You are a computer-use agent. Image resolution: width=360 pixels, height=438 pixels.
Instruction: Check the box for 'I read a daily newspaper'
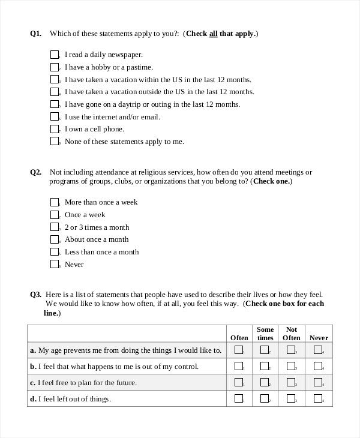coord(55,54)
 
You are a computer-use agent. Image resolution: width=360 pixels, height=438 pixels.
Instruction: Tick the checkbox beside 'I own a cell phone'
coord(55,128)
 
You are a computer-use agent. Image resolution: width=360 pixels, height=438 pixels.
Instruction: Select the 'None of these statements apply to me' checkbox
coord(55,141)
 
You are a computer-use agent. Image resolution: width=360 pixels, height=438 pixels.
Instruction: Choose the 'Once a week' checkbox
coord(55,214)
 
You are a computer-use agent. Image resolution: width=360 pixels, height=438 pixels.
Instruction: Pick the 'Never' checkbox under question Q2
coord(55,264)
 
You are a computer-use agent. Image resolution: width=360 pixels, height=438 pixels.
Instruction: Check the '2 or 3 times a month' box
coord(55,227)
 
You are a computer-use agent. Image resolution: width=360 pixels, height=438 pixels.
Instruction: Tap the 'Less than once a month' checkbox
coord(55,251)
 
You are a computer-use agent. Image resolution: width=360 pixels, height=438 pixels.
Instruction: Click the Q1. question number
coord(36,34)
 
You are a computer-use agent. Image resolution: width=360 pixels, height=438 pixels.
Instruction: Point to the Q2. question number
coord(36,172)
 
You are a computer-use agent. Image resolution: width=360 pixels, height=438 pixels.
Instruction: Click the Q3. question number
coord(36,295)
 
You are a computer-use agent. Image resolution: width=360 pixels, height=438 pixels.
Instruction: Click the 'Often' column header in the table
coord(239,338)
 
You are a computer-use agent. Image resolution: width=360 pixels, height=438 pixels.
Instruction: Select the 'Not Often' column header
coord(292,334)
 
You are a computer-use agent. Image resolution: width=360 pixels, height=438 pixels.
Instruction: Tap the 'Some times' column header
coord(265,334)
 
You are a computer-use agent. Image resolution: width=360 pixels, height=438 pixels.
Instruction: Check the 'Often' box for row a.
coord(238,350)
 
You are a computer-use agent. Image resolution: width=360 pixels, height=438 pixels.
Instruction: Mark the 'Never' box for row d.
coord(318,398)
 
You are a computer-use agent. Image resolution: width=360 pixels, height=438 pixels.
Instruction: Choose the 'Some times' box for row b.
coord(264,365)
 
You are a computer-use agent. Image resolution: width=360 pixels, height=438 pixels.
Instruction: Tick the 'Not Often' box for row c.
coord(291,382)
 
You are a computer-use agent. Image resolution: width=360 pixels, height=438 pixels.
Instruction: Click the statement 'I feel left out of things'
coord(74,398)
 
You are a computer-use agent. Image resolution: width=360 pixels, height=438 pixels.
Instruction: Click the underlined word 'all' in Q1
coord(213,34)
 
